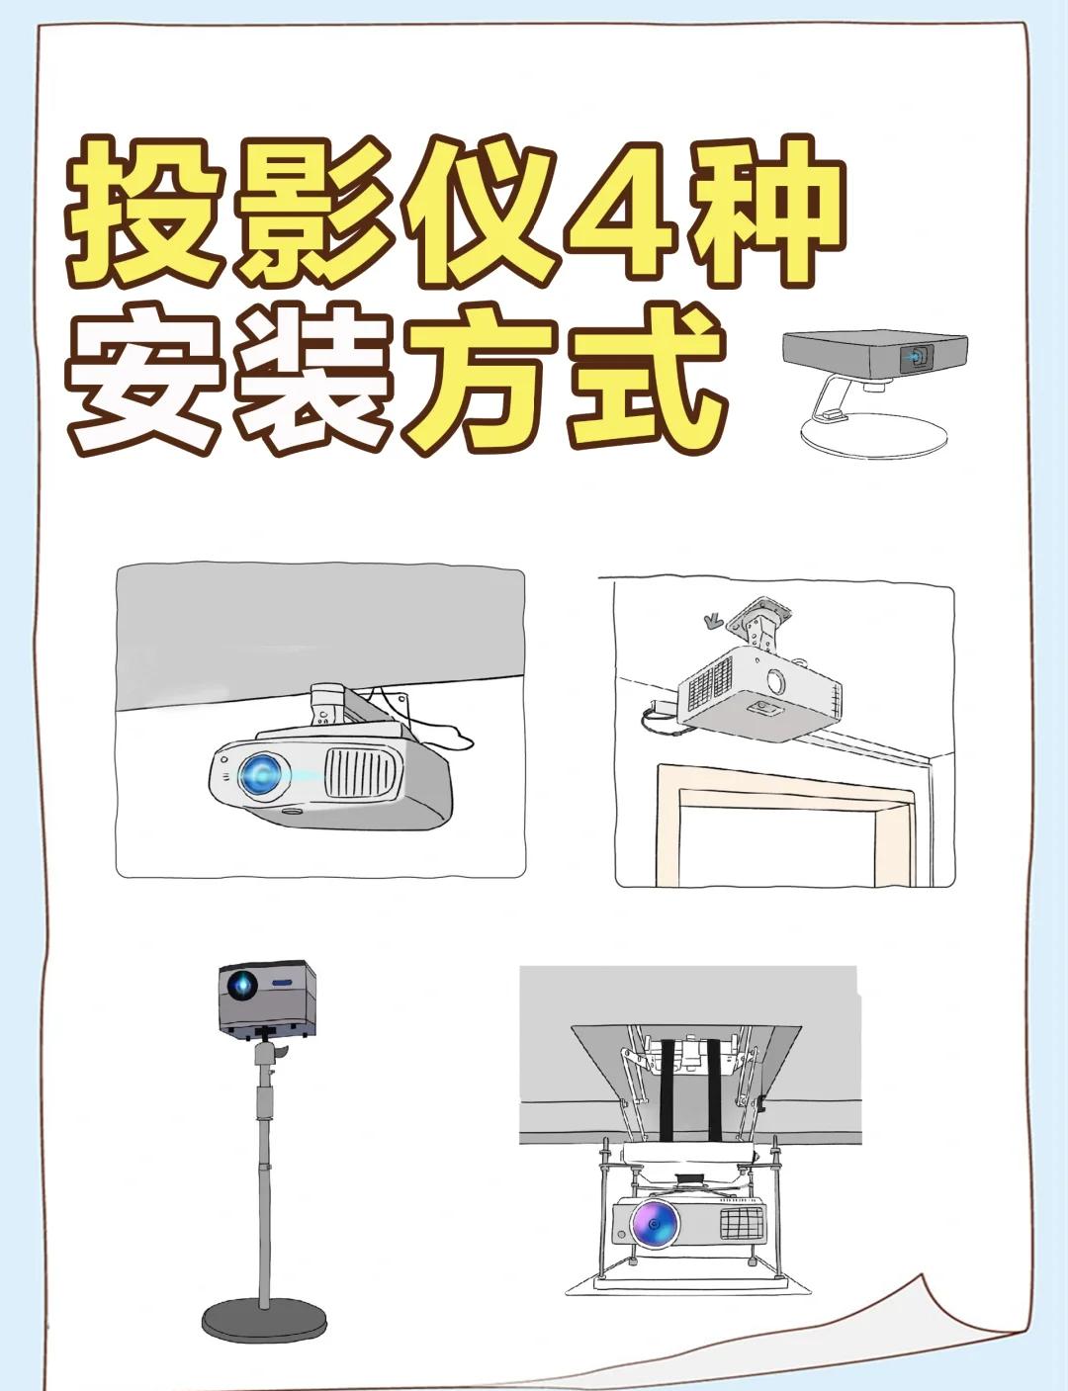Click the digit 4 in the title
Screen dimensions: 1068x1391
point(621,215)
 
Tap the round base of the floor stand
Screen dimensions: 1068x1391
point(264,1320)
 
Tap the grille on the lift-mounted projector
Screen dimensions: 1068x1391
point(743,1223)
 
